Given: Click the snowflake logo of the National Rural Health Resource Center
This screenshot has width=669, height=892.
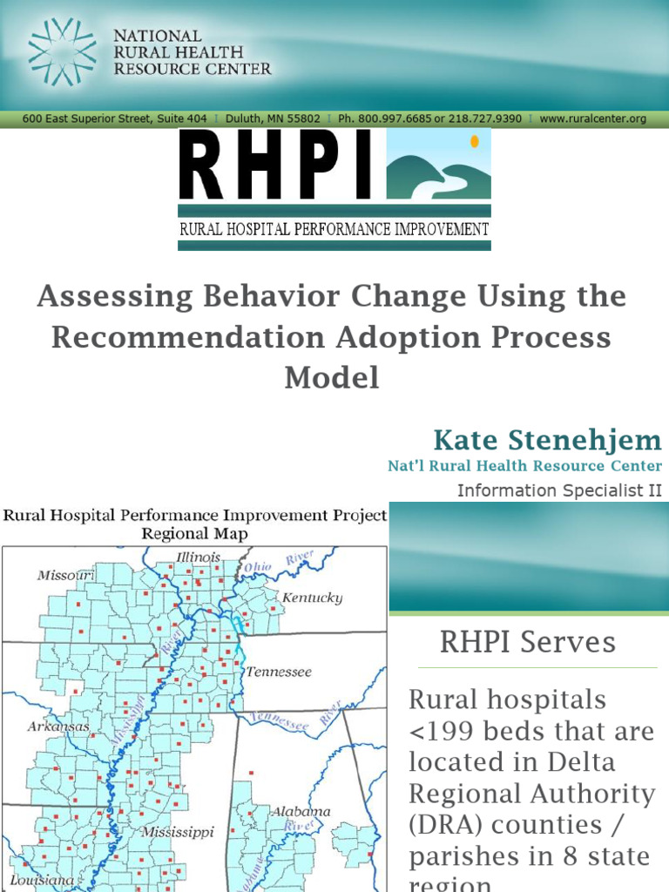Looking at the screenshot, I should [62, 51].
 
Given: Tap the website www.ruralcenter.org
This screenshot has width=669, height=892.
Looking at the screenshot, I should [592, 118].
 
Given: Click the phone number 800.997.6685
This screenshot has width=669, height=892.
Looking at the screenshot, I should [390, 118].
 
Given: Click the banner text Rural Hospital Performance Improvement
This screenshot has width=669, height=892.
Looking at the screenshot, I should [334, 230].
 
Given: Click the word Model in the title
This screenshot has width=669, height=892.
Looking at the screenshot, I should [331, 378].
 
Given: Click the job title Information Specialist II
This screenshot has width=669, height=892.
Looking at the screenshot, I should [559, 490].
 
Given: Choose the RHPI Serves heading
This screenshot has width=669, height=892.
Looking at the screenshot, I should [527, 643].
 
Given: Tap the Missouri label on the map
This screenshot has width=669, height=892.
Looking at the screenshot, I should [65, 576].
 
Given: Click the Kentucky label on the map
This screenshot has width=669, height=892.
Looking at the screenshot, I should [312, 598].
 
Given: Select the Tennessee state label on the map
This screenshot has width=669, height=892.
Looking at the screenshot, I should [278, 672].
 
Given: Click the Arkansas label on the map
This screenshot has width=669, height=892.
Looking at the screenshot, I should [57, 726].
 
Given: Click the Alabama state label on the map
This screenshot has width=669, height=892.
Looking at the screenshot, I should [301, 812].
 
